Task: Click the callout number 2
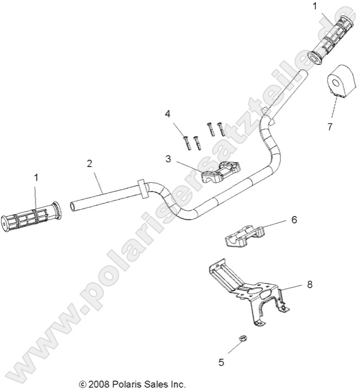click(89, 163)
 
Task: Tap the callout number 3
click(168, 158)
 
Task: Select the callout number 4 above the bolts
click(168, 114)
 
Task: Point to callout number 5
click(221, 362)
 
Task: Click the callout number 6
click(294, 219)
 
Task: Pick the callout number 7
click(330, 127)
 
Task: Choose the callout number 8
click(310, 284)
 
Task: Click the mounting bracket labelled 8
click(246, 287)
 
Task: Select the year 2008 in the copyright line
click(99, 383)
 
